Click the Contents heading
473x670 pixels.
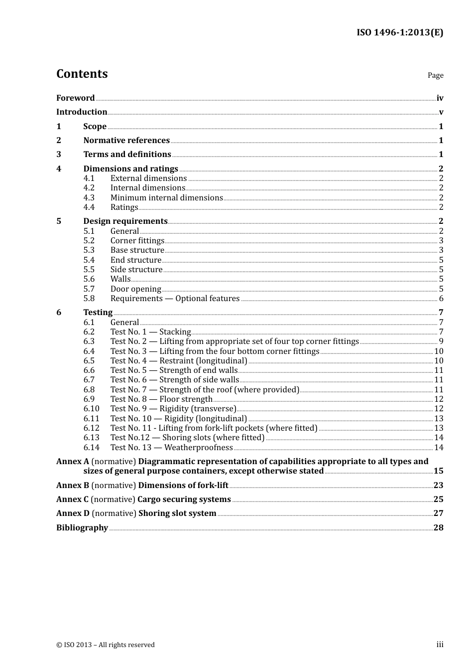[x=82, y=74]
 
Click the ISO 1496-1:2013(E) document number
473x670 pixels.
[x=399, y=32]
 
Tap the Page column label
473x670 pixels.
[x=435, y=75]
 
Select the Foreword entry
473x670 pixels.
[x=75, y=98]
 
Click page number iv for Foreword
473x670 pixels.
[x=440, y=98]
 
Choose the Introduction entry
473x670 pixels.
[x=82, y=112]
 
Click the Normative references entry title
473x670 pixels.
[x=126, y=141]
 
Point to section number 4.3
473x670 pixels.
[x=89, y=198]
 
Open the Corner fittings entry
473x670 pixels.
[x=137, y=241]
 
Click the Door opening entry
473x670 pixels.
[x=136, y=289]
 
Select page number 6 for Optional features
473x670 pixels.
[x=441, y=299]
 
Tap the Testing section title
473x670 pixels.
[x=98, y=313]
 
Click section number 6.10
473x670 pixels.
[x=91, y=409]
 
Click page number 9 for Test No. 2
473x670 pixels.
[x=441, y=341]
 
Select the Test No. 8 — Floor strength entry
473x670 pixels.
[x=161, y=399]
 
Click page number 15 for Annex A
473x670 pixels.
[x=438, y=471]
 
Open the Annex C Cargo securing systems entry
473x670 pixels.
[x=143, y=500]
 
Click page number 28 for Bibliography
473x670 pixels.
[x=438, y=528]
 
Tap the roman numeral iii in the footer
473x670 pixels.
[x=440, y=645]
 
